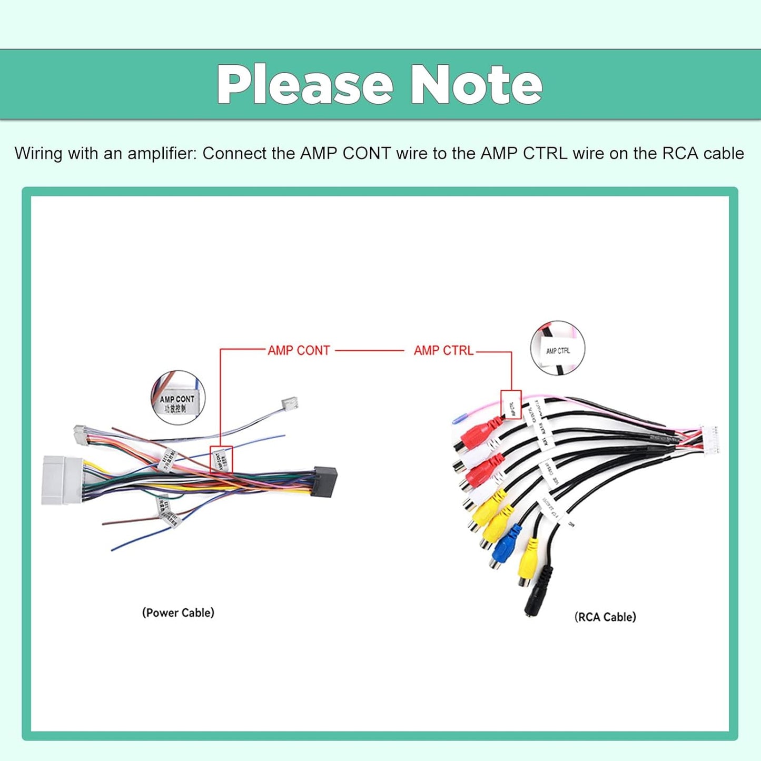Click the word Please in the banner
coord(305,85)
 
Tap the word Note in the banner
coord(477,85)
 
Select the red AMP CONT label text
coord(299,351)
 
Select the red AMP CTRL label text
coord(443,351)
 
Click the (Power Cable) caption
coord(178,613)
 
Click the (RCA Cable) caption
coord(605,617)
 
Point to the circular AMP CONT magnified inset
coord(177,398)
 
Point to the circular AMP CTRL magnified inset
coord(558,348)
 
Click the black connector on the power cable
coord(324,482)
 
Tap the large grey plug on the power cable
coord(62,480)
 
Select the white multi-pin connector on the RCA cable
coord(709,439)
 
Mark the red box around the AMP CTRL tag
coord(511,405)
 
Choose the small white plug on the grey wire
coord(290,403)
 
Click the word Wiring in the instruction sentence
coord(39,153)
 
